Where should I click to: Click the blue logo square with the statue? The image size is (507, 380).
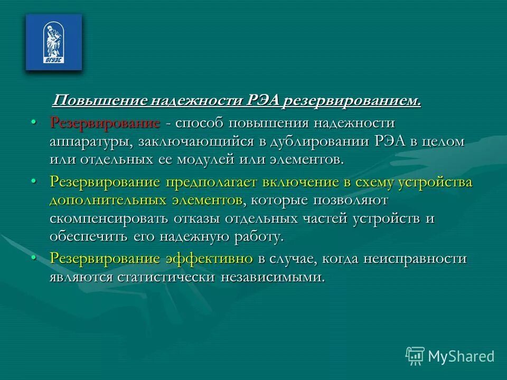click(54, 42)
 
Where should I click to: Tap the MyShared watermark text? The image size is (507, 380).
click(461, 357)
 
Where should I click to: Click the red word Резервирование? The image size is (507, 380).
click(105, 123)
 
